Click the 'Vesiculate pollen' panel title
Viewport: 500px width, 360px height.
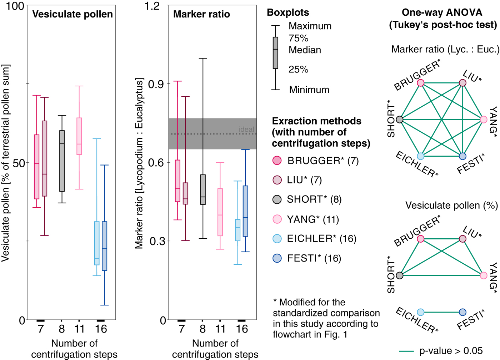(72, 14)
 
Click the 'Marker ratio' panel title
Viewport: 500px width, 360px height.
(201, 14)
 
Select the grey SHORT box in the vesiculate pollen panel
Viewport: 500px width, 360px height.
(62, 161)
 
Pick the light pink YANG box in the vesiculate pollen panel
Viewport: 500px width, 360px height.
(79, 136)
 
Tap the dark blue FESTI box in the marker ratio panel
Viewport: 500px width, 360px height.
(245, 211)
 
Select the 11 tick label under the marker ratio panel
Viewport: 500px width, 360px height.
(220, 329)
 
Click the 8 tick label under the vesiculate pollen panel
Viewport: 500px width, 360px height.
(62, 329)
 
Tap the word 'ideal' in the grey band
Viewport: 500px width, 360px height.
(246, 130)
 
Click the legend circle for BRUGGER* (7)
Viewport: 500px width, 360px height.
(277, 161)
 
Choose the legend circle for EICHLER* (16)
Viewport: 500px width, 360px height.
(277, 239)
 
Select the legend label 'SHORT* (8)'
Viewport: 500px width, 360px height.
(314, 199)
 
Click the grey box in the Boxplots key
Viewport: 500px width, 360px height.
(275, 53)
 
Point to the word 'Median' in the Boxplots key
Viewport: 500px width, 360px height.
(305, 50)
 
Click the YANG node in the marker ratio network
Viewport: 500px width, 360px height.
(484, 120)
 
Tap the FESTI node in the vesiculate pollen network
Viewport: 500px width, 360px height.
(462, 312)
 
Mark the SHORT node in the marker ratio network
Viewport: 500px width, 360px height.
(400, 120)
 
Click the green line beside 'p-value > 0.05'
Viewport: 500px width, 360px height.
(406, 351)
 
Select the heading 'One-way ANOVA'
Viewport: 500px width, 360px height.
(442, 12)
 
